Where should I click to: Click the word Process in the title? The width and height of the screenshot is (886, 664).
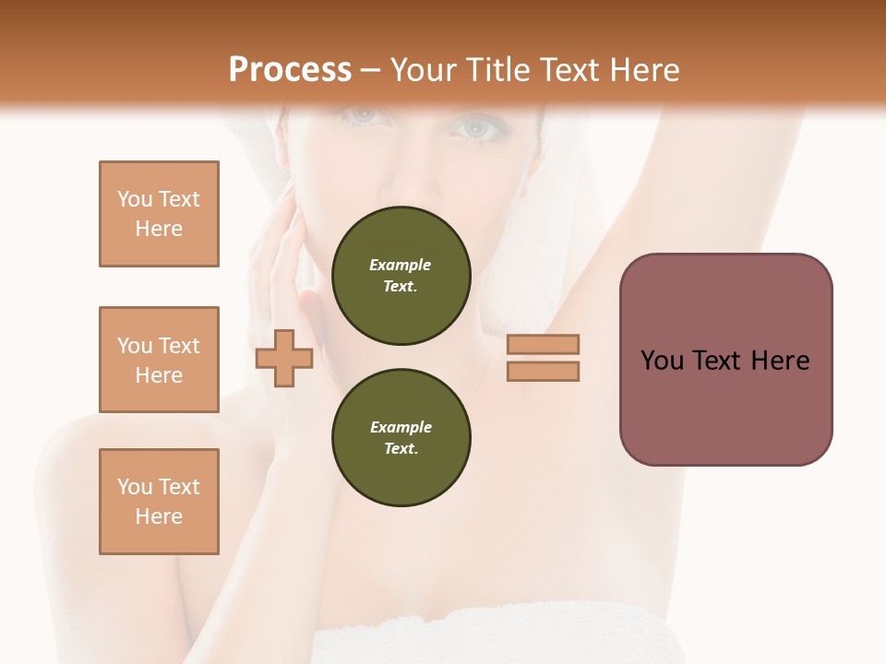click(x=290, y=70)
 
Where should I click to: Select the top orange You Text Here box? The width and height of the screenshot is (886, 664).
click(x=159, y=214)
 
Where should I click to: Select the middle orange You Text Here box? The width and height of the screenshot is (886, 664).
click(x=159, y=360)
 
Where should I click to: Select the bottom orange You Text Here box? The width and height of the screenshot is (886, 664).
click(x=159, y=502)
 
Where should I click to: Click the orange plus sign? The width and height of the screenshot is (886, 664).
click(x=284, y=359)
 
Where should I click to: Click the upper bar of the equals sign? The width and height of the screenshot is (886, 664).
click(x=543, y=344)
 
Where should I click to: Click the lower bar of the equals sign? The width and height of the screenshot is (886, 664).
click(x=543, y=372)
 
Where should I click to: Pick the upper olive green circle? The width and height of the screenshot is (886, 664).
click(x=401, y=276)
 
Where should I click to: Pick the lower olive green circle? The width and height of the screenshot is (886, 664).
click(x=401, y=438)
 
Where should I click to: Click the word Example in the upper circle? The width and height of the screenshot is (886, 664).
click(x=401, y=265)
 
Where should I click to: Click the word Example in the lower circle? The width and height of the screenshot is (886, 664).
click(x=401, y=427)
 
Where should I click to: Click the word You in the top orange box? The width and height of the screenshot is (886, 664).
click(x=135, y=199)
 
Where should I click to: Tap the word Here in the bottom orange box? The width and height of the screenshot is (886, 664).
click(x=159, y=516)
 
